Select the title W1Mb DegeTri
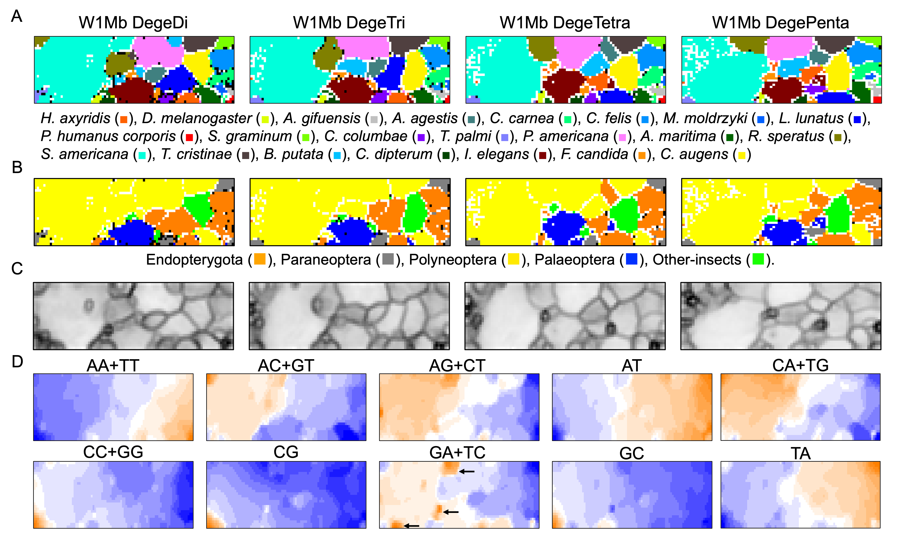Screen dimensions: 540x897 point(349,23)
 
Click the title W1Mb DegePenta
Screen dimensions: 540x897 point(781,23)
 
